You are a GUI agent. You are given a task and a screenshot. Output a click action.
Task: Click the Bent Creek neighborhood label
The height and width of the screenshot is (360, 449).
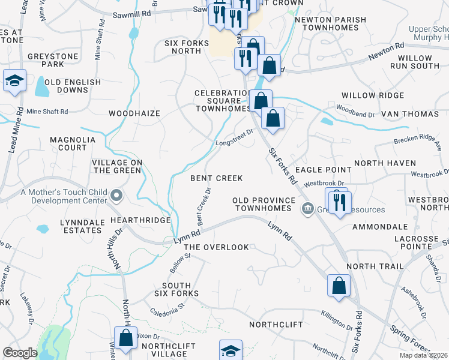(x=217, y=178)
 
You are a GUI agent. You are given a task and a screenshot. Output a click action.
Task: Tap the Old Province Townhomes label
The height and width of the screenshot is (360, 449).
(x=265, y=204)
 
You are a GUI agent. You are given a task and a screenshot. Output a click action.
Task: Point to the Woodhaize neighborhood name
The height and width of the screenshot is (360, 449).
(x=134, y=113)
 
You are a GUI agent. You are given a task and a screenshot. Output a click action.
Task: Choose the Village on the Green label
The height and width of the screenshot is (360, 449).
(x=117, y=166)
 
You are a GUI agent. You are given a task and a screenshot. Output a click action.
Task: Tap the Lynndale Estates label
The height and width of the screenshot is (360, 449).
(x=81, y=226)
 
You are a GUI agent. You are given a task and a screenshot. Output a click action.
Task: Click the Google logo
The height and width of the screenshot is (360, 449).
(x=20, y=353)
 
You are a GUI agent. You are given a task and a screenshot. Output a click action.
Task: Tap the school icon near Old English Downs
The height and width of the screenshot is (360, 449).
(x=14, y=81)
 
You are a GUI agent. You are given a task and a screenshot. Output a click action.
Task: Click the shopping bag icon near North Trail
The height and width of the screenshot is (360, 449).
(x=339, y=286)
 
